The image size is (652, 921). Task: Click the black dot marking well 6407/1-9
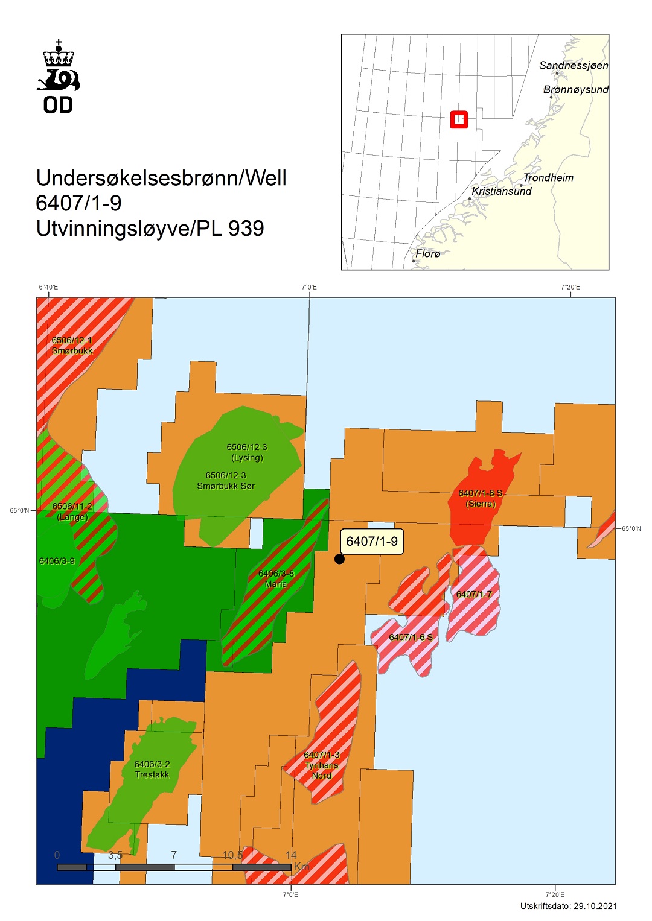(x=339, y=559)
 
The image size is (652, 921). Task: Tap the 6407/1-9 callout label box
(x=372, y=542)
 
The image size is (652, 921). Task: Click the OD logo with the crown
(x=58, y=77)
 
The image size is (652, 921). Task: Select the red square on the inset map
(x=459, y=119)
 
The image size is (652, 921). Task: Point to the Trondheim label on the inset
(x=548, y=177)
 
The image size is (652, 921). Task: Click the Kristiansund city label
(x=502, y=191)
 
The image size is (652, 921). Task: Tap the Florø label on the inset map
(x=428, y=253)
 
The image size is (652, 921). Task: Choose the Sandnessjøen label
(x=574, y=65)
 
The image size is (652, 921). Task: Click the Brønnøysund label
(x=575, y=90)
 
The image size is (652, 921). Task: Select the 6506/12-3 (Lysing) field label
(x=247, y=452)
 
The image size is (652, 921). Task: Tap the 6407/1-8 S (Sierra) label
(x=481, y=498)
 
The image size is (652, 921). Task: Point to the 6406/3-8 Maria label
(x=276, y=579)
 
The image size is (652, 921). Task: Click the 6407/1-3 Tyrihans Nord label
(x=321, y=765)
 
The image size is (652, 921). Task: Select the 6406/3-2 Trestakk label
(x=152, y=769)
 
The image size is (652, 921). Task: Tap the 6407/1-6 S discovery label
(x=411, y=637)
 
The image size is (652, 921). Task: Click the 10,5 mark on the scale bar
(x=232, y=855)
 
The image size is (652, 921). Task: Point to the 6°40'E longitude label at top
(x=49, y=287)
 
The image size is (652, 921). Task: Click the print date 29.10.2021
(x=595, y=906)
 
